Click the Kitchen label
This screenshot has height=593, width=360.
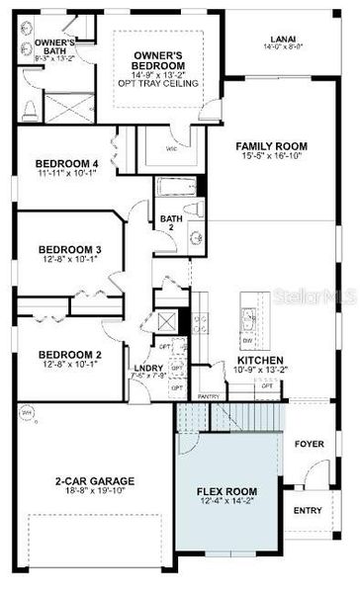(x=260, y=361)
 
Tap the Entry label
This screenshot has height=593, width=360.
(x=308, y=510)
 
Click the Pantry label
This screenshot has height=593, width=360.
(x=209, y=396)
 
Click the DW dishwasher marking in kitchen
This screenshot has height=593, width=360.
(x=246, y=338)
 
